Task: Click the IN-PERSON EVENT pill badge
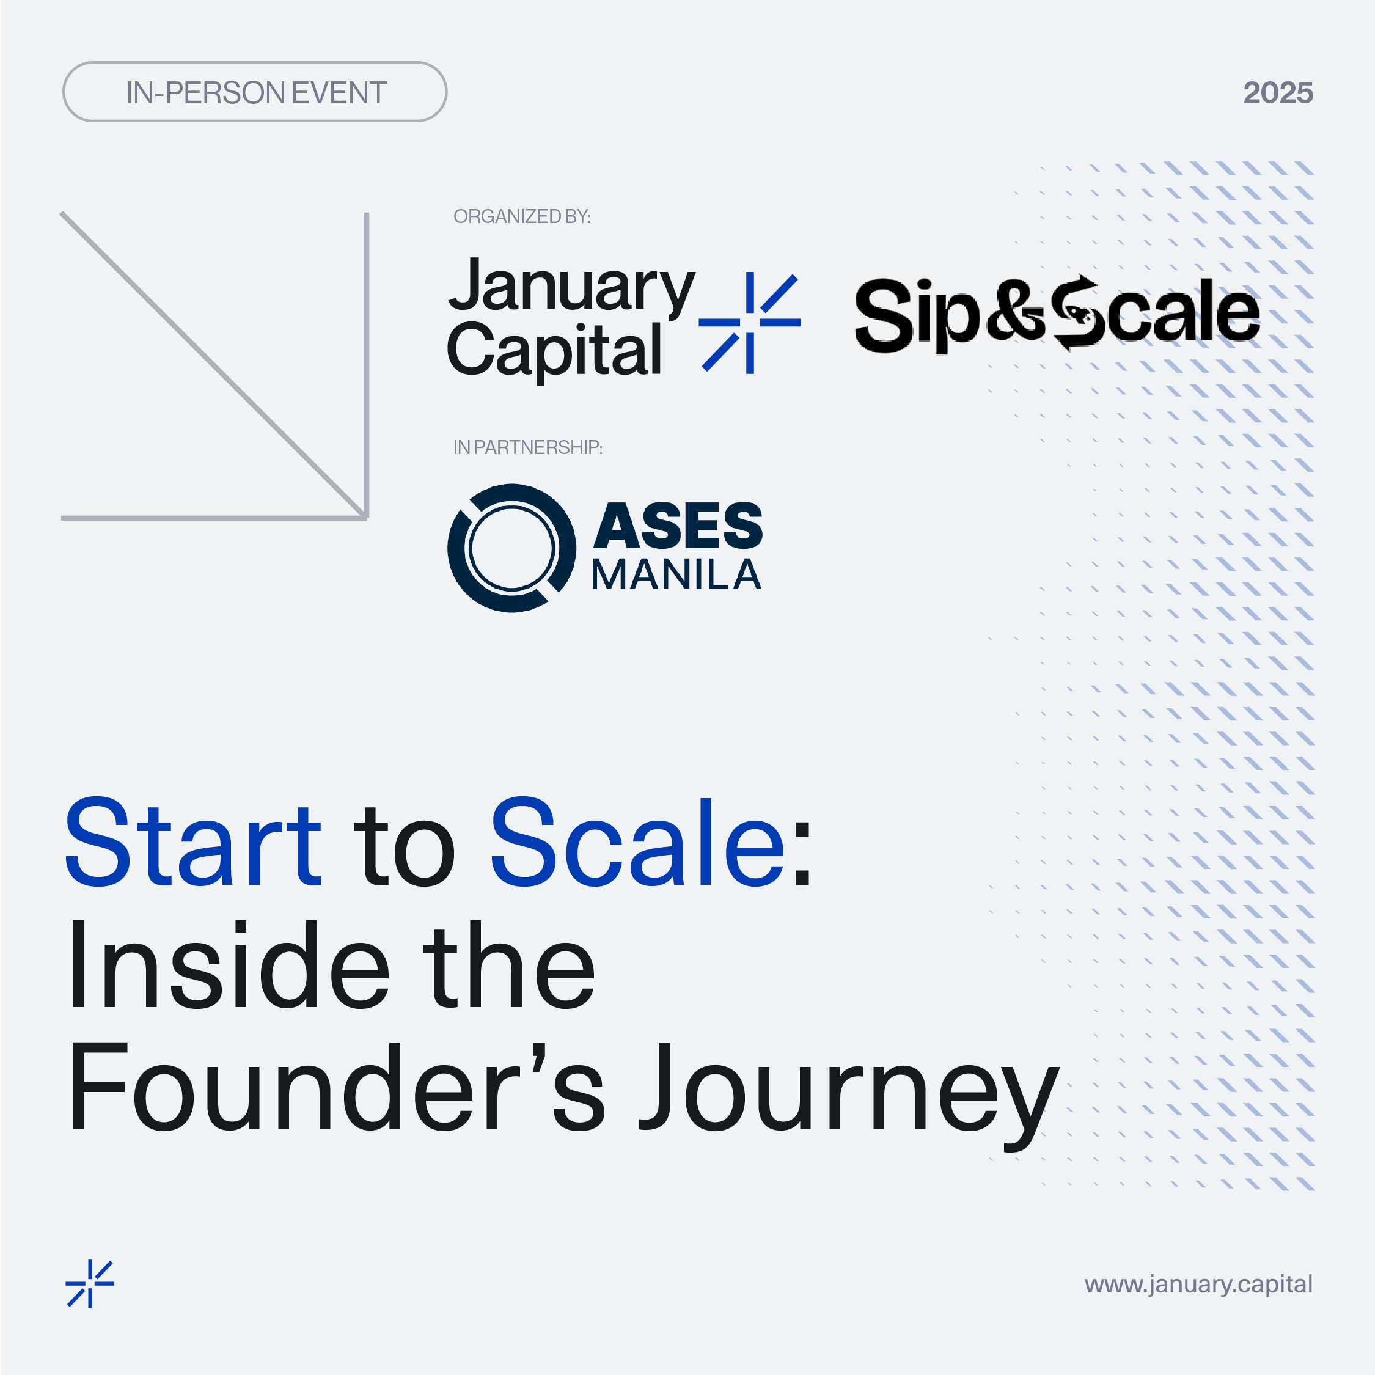[255, 92]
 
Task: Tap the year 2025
[1278, 92]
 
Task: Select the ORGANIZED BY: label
[522, 216]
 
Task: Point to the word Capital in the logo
[554, 350]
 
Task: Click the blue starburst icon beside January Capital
[749, 323]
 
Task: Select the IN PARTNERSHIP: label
[527, 447]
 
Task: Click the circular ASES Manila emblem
[512, 548]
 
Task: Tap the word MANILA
[676, 575]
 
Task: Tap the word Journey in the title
[848, 1096]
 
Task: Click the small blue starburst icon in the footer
[90, 1285]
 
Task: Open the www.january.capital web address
[1198, 1285]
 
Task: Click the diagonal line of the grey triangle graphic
[213, 365]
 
